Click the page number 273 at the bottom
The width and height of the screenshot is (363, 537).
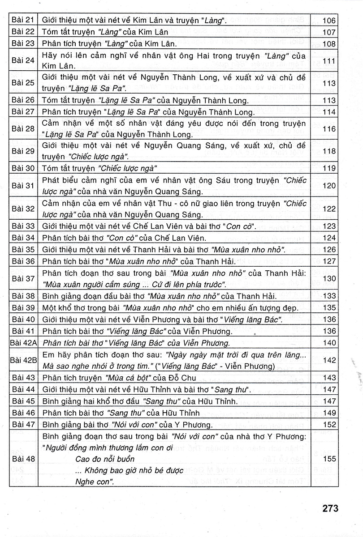pyautogui.click(x=329, y=509)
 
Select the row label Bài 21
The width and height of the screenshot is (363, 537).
pyautogui.click(x=24, y=20)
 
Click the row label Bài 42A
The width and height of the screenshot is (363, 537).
pyautogui.click(x=23, y=343)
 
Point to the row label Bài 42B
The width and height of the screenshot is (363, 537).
pyautogui.click(x=23, y=361)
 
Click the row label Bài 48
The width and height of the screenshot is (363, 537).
pyautogui.click(x=24, y=459)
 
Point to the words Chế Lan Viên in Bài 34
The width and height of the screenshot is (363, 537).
pyautogui.click(x=169, y=238)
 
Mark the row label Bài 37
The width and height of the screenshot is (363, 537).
pyautogui.click(x=24, y=278)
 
